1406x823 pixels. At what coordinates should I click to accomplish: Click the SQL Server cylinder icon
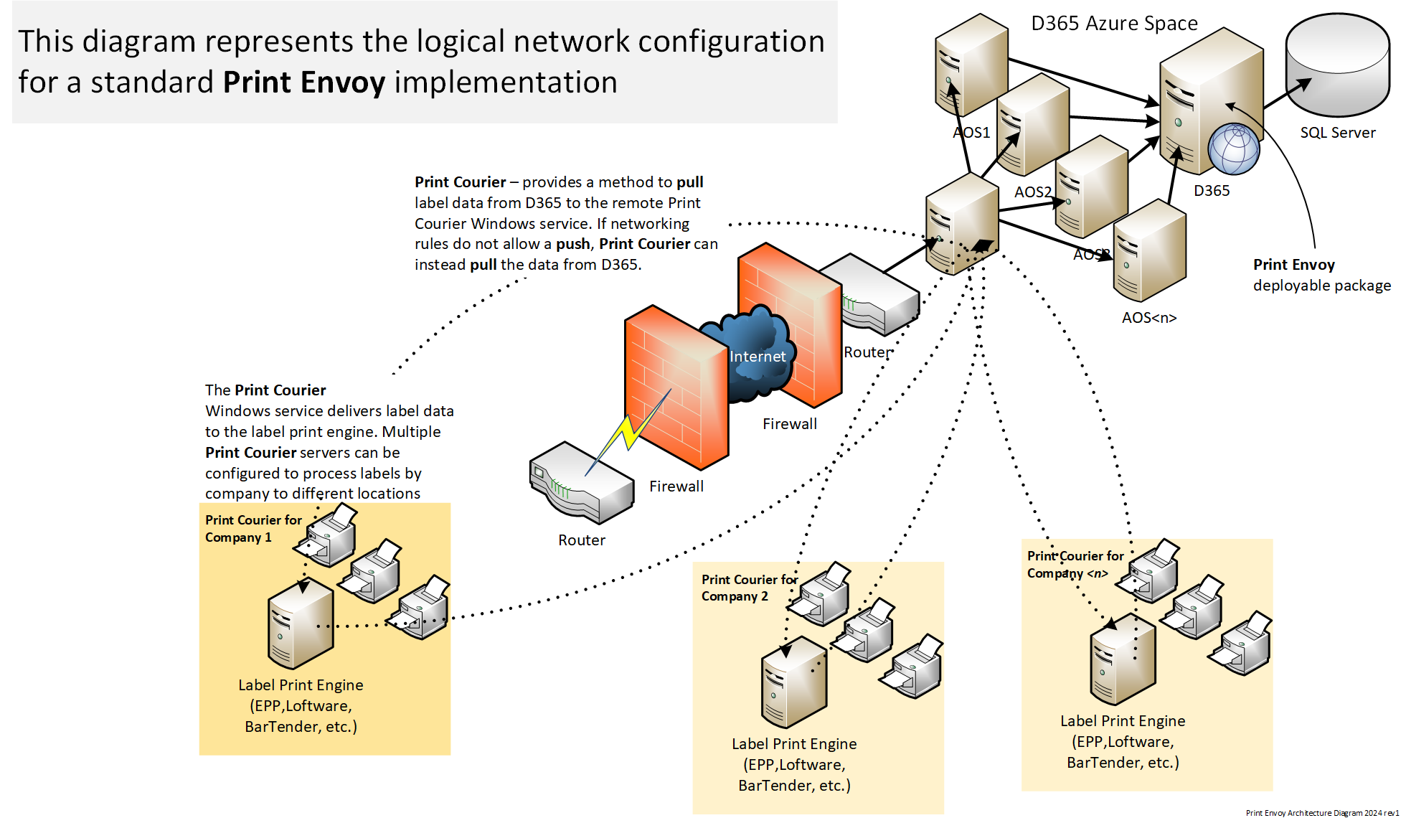click(1338, 65)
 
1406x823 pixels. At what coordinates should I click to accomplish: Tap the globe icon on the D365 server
click(1234, 149)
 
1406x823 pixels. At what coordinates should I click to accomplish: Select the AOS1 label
click(971, 133)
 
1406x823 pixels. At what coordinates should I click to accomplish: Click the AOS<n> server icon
click(1149, 251)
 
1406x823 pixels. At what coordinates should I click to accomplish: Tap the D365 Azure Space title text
click(1114, 24)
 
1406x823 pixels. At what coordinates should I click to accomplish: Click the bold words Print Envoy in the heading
click(304, 83)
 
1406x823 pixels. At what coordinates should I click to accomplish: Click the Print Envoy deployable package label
click(1321, 275)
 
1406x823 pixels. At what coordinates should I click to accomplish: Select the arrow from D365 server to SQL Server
click(1288, 93)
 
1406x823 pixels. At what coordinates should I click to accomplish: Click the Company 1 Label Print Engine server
click(301, 624)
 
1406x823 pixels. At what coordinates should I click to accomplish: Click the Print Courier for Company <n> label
click(1075, 564)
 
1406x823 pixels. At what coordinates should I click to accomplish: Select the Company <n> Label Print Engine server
click(1123, 660)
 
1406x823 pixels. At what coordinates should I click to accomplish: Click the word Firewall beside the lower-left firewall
click(676, 486)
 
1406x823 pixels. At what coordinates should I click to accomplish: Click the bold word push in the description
click(572, 244)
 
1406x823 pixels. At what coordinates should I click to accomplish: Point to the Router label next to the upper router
click(867, 352)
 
